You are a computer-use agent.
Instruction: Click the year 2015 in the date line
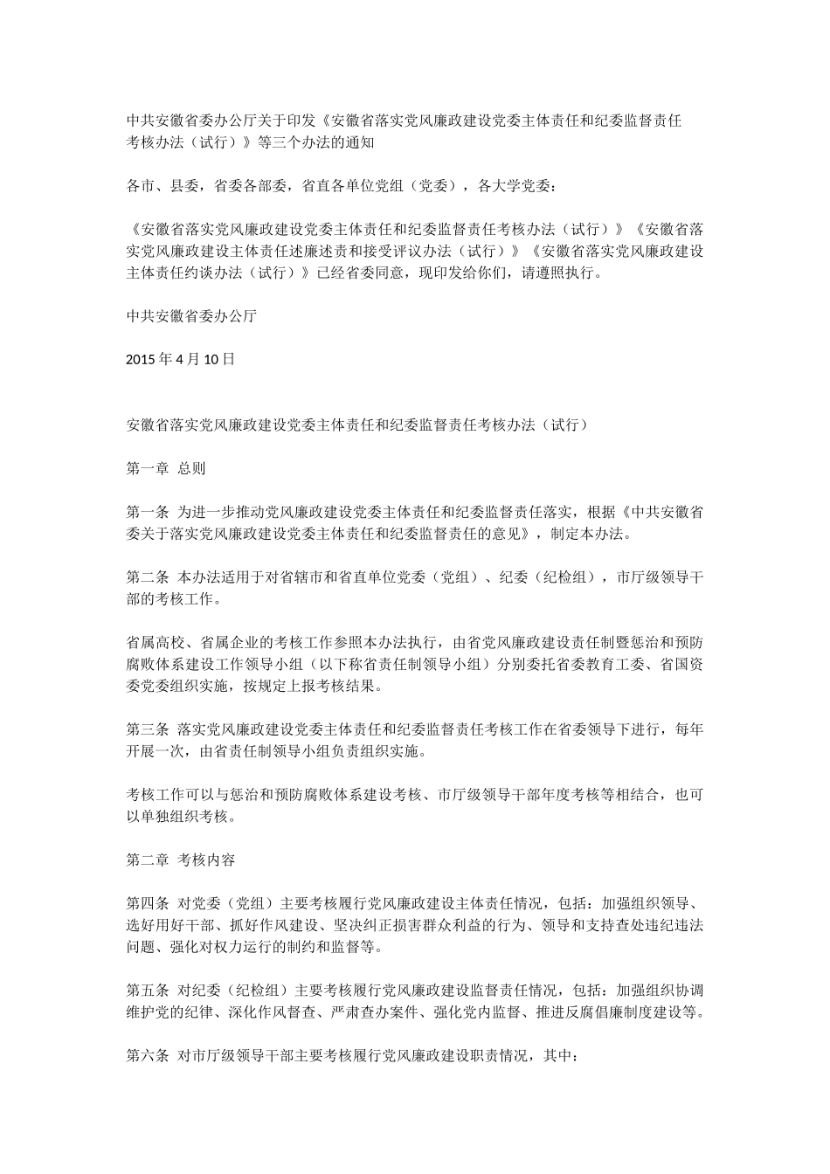[140, 358]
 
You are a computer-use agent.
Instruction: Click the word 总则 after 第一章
[191, 468]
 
